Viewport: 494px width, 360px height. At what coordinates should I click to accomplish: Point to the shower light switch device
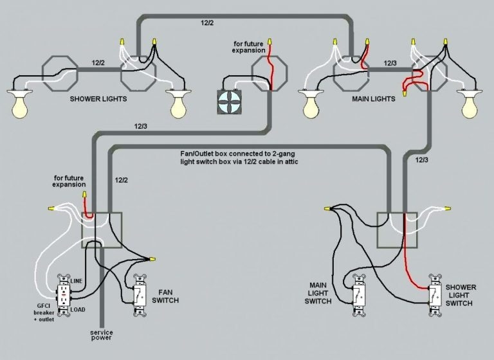(435, 297)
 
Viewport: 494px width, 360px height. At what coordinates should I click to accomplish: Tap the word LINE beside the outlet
(77, 281)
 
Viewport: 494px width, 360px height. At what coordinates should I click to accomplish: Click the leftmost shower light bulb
(20, 105)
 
